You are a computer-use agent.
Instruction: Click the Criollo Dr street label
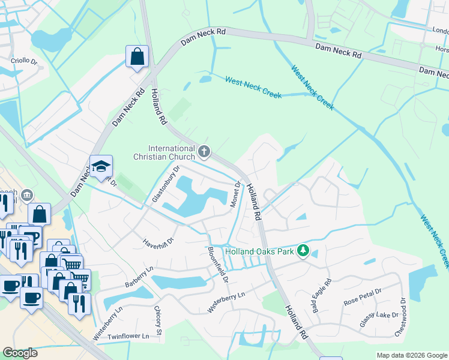[24, 61]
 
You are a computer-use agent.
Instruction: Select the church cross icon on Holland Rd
[204, 152]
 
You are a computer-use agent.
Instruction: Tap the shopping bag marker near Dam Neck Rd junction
[137, 57]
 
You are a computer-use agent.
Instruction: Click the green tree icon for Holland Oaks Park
[304, 250]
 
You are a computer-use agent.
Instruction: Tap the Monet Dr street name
[235, 195]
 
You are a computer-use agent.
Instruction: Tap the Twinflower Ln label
[128, 337]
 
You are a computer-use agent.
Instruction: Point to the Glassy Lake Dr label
[379, 319]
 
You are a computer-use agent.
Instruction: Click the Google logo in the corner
[20, 353]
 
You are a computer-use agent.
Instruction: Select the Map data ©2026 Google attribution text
[411, 355]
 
